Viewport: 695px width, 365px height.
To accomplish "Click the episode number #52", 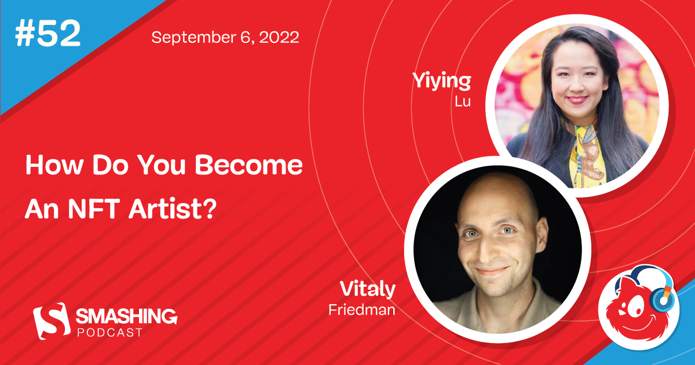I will [48, 35].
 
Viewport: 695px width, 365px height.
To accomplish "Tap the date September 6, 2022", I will [225, 38].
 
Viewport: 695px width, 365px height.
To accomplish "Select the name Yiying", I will [441, 82].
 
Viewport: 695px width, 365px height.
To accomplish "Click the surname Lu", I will [463, 103].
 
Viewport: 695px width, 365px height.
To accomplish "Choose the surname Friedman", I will [361, 310].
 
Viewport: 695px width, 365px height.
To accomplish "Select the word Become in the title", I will [248, 166].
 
